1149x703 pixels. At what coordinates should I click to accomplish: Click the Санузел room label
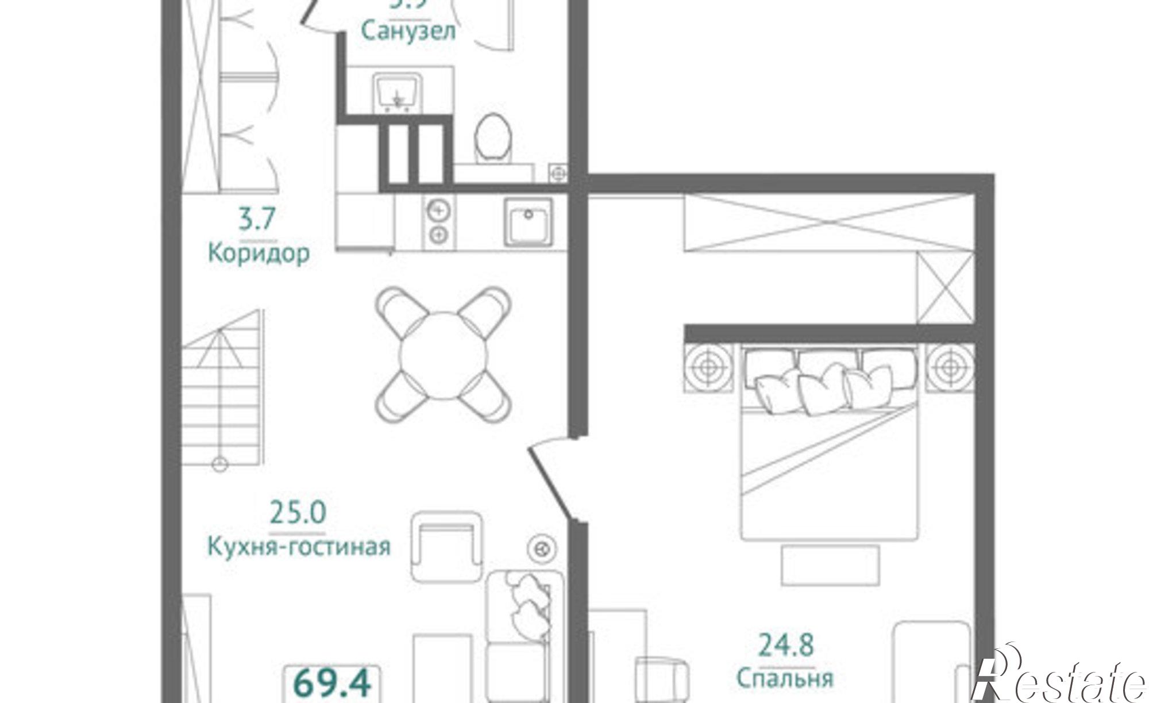(408, 31)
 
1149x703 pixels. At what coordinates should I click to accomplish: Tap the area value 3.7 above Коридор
(257, 219)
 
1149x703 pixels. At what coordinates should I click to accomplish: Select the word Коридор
(259, 253)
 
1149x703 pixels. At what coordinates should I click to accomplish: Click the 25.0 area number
(298, 512)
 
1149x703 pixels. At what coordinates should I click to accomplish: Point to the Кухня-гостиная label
(298, 547)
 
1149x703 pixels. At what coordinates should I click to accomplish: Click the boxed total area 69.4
(332, 683)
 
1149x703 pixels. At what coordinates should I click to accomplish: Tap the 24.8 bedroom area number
(785, 644)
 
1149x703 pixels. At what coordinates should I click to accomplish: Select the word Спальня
(785, 679)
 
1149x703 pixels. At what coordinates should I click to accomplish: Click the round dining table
(443, 355)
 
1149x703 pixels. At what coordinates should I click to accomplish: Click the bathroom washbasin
(398, 92)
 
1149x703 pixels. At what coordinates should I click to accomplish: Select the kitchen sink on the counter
(528, 222)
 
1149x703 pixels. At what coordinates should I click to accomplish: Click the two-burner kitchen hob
(438, 222)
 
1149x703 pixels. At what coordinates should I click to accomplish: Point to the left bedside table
(708, 367)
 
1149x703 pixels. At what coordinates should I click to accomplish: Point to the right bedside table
(950, 367)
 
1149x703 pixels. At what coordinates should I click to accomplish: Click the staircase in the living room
(223, 391)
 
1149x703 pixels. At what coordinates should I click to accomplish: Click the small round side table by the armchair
(541, 549)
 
